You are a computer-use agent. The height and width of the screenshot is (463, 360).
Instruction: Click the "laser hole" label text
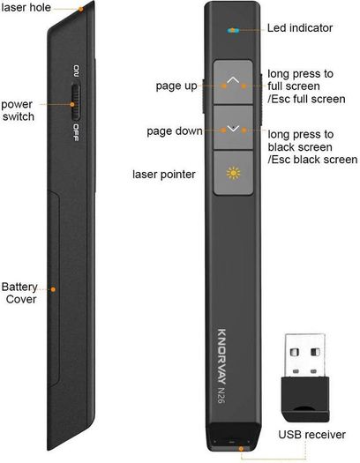26,7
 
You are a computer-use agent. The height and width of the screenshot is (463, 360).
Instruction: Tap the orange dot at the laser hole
80,9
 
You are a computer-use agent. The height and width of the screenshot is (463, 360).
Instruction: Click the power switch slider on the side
75,102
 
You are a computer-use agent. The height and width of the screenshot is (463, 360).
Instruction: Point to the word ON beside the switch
76,71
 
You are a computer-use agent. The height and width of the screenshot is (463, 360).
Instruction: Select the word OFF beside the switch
76,132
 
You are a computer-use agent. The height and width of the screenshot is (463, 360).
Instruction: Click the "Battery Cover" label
19,293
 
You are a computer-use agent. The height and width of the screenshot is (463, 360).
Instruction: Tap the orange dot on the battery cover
53,289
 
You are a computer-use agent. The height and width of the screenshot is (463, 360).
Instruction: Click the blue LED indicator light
233,30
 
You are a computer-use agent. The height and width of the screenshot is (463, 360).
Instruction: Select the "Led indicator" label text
300,28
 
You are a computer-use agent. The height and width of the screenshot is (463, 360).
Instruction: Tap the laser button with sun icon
233,173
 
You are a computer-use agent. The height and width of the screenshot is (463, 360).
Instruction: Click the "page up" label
176,86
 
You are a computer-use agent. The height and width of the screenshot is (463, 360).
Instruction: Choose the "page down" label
175,131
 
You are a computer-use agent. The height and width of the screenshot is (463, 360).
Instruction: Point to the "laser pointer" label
164,175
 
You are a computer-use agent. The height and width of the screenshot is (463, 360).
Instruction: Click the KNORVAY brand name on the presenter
221,356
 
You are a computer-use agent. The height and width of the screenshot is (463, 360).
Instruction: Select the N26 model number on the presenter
221,395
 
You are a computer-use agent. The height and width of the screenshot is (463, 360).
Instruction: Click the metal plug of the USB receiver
305,355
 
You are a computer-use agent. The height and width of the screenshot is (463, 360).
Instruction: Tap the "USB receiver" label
311,435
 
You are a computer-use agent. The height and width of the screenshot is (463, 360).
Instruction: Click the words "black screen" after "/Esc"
326,160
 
